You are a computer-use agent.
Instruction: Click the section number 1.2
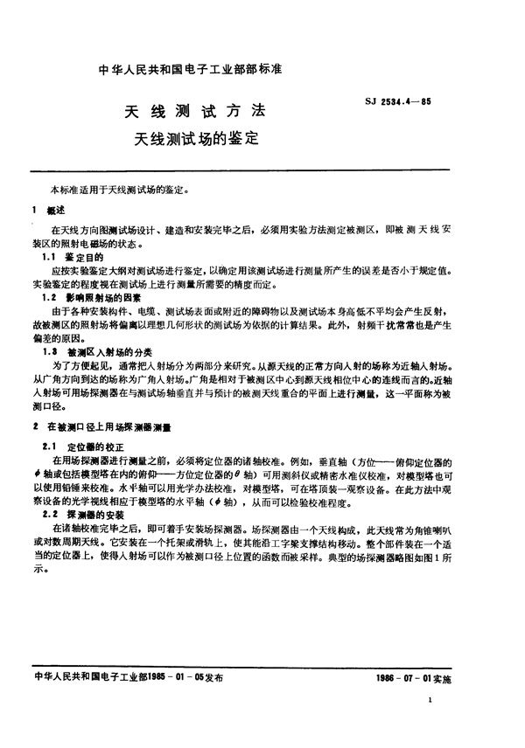51,299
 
